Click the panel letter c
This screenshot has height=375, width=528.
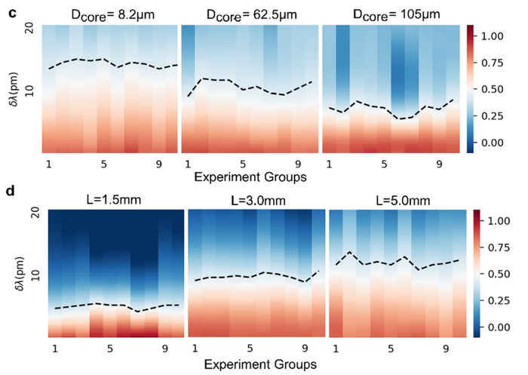(12, 14)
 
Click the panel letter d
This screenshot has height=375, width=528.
(11, 191)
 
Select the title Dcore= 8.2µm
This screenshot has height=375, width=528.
(113, 15)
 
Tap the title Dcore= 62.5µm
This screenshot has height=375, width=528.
(251, 15)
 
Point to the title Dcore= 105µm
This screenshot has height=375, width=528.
(396, 15)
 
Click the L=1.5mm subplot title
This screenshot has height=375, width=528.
(114, 200)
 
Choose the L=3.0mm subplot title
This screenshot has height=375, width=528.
(258, 201)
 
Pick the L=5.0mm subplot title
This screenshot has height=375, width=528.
(403, 201)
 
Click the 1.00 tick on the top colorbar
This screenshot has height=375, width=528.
(492, 36)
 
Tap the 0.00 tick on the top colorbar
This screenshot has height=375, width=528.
(492, 143)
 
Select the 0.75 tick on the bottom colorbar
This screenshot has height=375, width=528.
(499, 247)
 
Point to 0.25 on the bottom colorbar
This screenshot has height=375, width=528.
(499, 300)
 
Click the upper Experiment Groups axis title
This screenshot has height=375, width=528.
(250, 177)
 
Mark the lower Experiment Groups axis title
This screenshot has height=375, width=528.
(260, 364)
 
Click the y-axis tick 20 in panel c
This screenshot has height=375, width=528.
(29, 29)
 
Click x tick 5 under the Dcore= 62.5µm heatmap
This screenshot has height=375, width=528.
(243, 164)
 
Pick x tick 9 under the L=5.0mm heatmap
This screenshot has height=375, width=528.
(446, 349)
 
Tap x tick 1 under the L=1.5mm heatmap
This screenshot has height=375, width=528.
(55, 349)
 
